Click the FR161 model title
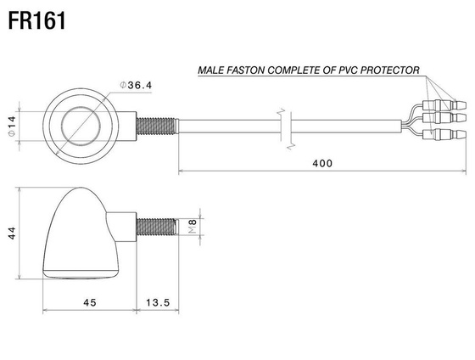tap(37, 21)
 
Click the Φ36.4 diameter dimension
tap(136, 85)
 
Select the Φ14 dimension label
tap(12, 127)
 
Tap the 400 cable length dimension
tap(322, 164)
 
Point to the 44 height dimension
tap(12, 233)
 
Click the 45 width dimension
tap(90, 302)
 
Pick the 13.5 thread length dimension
tap(158, 302)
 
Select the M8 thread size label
tap(193, 226)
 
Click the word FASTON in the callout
tap(246, 70)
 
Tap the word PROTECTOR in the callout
tap(390, 70)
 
